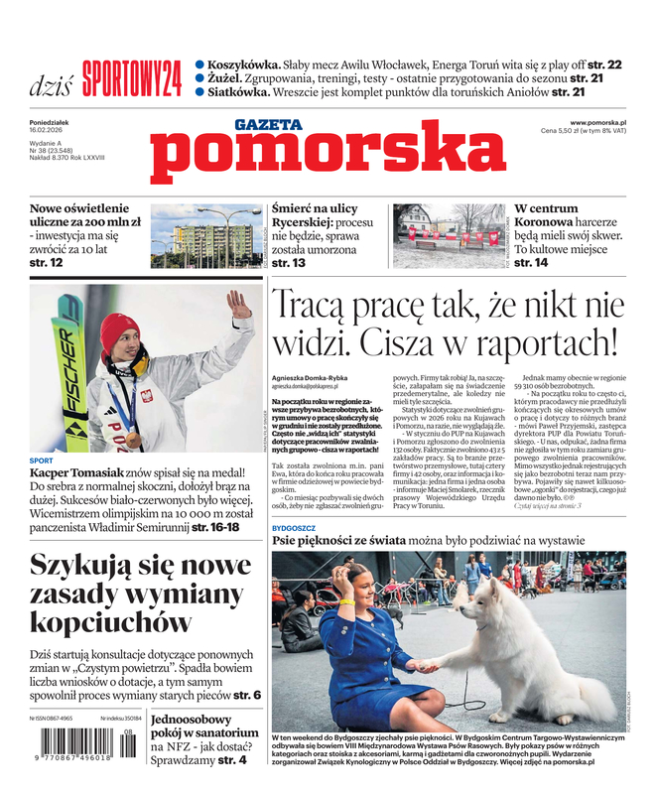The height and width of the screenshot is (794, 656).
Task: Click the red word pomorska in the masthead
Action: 328,157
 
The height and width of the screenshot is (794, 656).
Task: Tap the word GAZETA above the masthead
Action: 268,125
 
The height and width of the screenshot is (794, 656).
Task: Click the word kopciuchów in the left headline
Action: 110,622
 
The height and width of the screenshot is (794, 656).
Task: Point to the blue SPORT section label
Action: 42,461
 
